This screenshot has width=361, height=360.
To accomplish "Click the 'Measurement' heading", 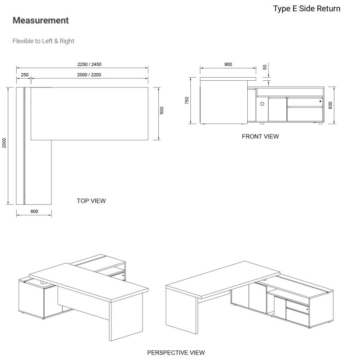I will (41, 21).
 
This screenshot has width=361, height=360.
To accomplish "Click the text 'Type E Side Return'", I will (306, 9).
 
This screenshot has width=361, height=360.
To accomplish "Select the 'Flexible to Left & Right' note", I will (43, 41).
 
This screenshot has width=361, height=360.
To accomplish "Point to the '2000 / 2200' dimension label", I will (89, 74).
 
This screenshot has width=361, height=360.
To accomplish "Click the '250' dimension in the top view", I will (25, 74).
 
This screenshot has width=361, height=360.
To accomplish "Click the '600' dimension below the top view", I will (34, 211).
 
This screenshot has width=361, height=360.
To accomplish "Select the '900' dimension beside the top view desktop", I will (162, 111).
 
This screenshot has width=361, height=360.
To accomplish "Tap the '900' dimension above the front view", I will (228, 65).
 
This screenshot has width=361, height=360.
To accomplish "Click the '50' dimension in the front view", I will (265, 67).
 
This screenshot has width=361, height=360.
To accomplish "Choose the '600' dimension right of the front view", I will (330, 105).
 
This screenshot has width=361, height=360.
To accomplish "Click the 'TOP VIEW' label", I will (91, 201).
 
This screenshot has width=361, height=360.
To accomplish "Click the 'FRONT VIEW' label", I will (260, 136).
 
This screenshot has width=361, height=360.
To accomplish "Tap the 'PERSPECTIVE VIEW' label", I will (176, 352).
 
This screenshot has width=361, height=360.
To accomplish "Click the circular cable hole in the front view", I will (262, 103).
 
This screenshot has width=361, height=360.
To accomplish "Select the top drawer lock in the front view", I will (320, 102).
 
